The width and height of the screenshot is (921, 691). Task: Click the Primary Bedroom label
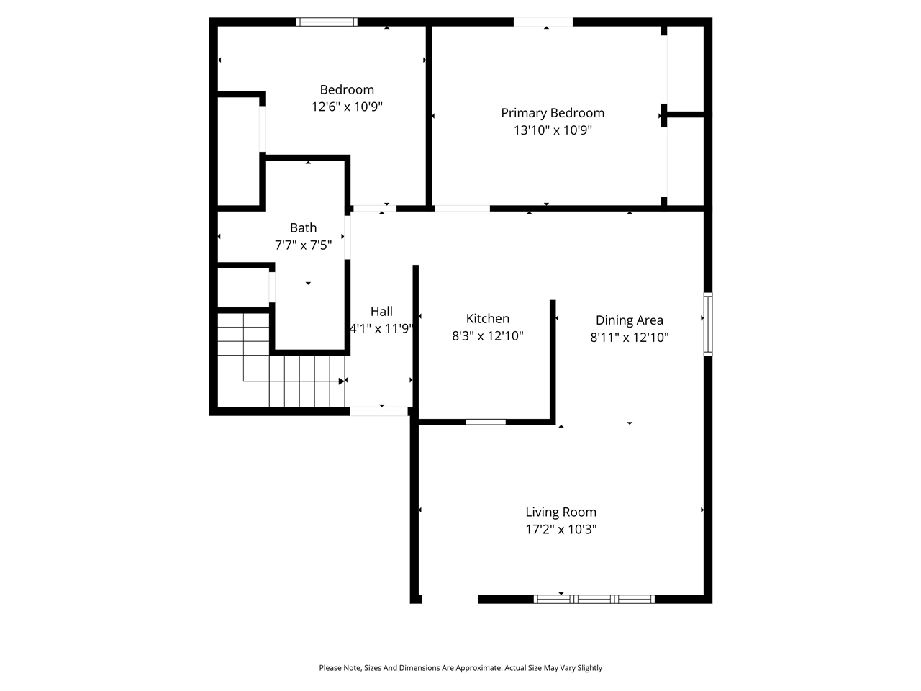(552, 113)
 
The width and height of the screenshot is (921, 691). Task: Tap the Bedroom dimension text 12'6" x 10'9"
(346, 107)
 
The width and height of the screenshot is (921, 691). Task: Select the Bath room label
(303, 228)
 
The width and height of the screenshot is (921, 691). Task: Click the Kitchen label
(487, 319)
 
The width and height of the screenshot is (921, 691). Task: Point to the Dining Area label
(629, 320)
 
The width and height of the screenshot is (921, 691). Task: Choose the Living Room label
(561, 512)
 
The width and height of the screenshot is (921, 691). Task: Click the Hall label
(381, 312)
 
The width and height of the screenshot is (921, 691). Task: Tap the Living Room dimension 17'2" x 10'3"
(561, 530)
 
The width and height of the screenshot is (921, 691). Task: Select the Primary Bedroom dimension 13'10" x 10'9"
(552, 130)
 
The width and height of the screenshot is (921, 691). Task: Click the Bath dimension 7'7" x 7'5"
(303, 245)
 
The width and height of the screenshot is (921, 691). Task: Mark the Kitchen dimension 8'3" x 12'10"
(487, 336)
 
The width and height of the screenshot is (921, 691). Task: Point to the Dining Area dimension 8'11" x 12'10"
(629, 338)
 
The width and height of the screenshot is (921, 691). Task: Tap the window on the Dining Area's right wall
(708, 324)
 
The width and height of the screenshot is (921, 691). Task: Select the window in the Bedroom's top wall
(327, 22)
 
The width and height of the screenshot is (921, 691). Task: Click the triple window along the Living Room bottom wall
(594, 599)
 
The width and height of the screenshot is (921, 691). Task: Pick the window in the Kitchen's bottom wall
(486, 422)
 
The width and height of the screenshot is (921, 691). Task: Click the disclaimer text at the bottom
(460, 668)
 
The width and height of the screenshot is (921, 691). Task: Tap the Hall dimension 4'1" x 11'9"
(381, 329)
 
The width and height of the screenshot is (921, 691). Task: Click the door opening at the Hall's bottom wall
(378, 411)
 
